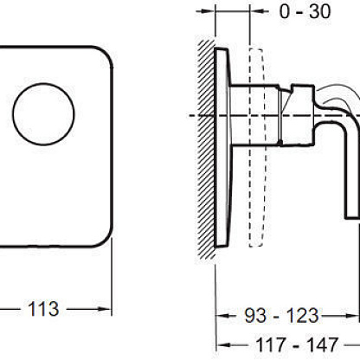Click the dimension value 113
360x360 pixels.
43,309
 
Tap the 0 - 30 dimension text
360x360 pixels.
305,12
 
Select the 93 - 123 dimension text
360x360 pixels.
282,316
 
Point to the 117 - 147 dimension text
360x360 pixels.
297,344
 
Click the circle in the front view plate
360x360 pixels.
43,114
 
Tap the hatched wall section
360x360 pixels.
206,150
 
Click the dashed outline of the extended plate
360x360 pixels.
256,148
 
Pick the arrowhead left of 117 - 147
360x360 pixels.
223,345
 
